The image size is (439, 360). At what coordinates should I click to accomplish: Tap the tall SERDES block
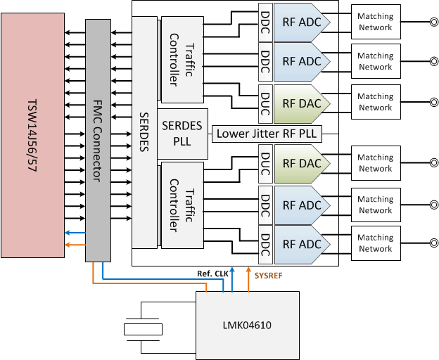click(144, 134)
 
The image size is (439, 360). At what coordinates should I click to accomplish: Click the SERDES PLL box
click(183, 134)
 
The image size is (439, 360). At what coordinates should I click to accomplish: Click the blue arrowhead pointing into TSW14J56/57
click(67, 233)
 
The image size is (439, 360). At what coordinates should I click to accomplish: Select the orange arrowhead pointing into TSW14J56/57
click(67, 245)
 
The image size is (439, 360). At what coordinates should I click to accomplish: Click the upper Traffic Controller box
click(182, 60)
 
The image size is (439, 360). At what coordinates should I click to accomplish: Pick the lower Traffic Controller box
click(182, 207)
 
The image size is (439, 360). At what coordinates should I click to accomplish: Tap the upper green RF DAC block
click(297, 102)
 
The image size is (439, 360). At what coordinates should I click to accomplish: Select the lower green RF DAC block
click(297, 164)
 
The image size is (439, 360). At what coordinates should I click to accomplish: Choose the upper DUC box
click(265, 102)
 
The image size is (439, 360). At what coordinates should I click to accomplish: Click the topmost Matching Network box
click(375, 21)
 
